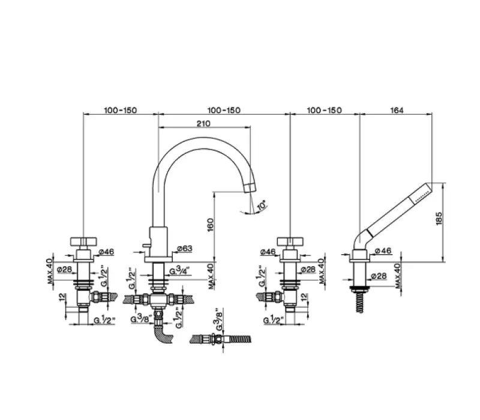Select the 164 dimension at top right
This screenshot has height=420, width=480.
396,110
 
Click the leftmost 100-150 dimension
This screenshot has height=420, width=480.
120,110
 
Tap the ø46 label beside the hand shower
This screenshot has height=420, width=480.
383,251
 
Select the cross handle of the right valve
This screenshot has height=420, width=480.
291,241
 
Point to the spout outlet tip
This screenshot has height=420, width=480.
248,188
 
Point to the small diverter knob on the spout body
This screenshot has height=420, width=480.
144,247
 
